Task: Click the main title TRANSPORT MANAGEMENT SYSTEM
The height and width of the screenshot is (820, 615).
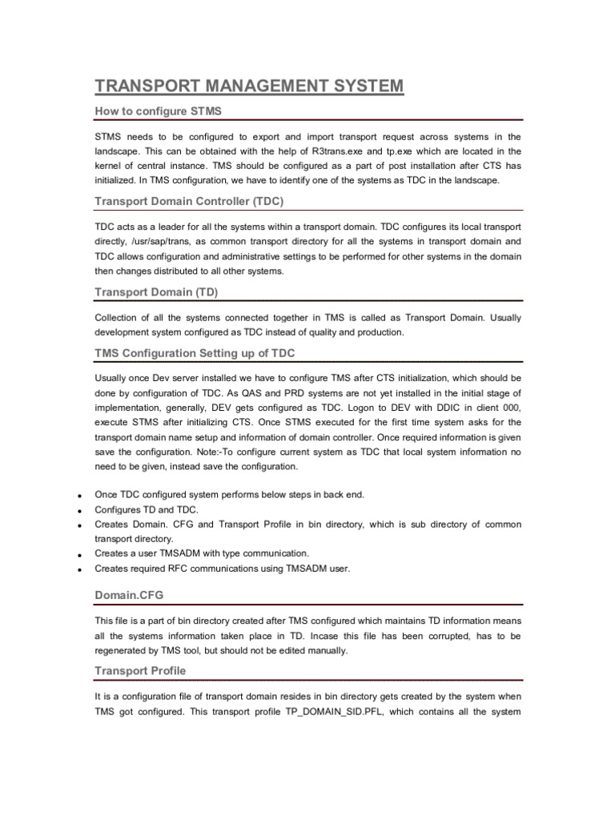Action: pyautogui.click(x=249, y=86)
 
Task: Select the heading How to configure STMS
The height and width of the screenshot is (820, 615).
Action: pyautogui.click(x=158, y=111)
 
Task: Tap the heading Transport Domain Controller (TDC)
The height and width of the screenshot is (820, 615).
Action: pyautogui.click(x=189, y=200)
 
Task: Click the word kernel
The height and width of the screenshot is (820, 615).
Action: pyautogui.click(x=110, y=166)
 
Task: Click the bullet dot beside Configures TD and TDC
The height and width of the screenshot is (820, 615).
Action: pyautogui.click(x=81, y=510)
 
